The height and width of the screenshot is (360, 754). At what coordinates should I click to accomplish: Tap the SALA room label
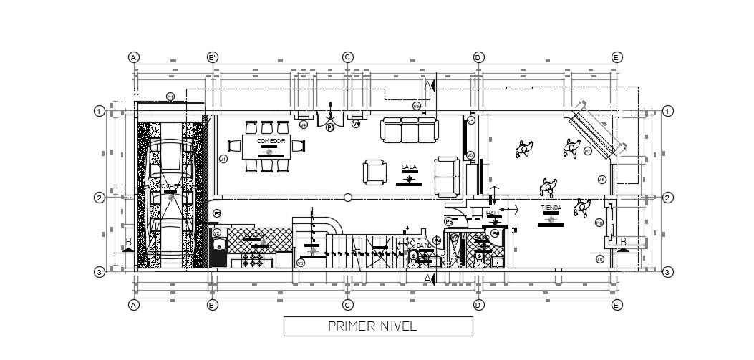409,167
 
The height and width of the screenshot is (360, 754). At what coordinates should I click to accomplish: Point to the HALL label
493,213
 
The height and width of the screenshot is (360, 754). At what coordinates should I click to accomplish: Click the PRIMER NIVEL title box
378,326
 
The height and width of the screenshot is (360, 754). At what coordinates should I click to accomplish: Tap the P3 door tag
330,127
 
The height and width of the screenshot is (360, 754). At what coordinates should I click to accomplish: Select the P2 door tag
217,213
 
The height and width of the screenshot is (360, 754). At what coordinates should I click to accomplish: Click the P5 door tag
448,221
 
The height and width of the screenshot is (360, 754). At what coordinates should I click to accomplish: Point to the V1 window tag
223,159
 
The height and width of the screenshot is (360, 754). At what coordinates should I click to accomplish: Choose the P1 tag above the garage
170,96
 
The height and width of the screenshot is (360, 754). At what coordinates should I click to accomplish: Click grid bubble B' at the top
212,57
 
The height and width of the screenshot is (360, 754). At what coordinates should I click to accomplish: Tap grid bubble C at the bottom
347,305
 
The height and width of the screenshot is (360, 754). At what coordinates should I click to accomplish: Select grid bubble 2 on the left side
100,198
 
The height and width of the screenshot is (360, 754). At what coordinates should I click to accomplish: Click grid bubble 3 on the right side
667,271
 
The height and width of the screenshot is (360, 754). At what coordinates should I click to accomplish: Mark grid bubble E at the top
616,57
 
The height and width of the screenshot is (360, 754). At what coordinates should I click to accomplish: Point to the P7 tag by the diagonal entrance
587,151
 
